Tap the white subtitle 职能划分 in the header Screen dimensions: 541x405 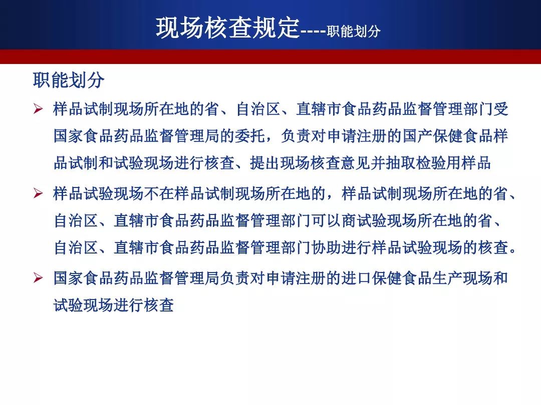coord(354,31)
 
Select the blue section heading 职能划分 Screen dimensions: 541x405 coord(69,80)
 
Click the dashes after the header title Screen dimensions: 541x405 coord(313,32)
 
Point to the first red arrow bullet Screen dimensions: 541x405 coord(38,109)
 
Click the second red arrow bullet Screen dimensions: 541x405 coord(38,193)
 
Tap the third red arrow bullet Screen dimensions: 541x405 coord(38,277)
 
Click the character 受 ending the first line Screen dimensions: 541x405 coord(501,109)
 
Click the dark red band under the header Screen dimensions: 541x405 coord(270,56)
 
